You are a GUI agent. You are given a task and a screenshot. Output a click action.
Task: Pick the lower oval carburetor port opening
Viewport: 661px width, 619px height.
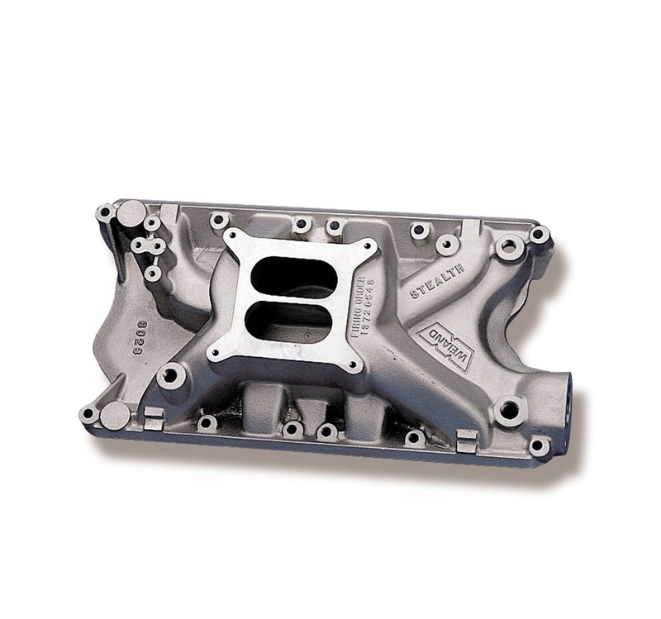tap(289, 320)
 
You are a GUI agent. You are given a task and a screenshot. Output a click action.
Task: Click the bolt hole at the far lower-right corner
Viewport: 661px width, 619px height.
tap(540, 446)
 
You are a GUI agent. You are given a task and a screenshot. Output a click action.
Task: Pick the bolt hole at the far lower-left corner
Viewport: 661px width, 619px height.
tap(87, 412)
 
